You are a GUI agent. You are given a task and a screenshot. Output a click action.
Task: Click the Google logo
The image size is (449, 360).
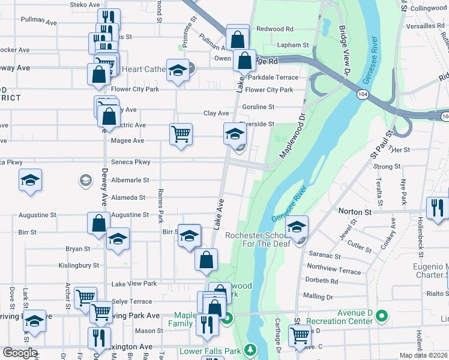[19, 353]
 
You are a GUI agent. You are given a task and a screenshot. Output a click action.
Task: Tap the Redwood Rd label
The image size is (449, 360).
[274, 29]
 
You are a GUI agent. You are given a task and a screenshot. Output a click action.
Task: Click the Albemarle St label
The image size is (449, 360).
[130, 179]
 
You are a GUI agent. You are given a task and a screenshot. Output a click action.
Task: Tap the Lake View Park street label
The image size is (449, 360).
[134, 283]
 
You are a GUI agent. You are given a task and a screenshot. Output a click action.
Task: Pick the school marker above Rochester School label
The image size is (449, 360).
[296, 226]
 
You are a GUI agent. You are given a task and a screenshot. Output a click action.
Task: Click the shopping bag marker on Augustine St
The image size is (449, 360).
[98, 223]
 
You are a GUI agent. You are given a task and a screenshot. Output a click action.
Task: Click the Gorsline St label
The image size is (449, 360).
[258, 107]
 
